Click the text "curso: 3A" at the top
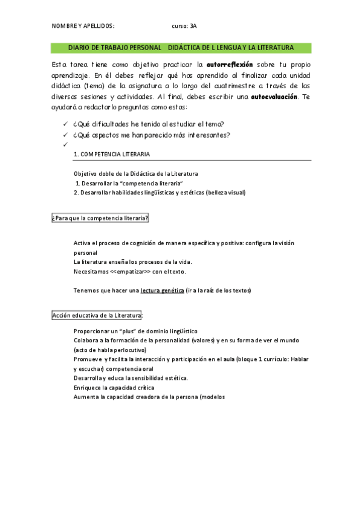click(184, 27)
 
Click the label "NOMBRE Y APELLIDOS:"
click(83, 27)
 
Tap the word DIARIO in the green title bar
click(79, 47)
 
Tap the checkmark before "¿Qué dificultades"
click(65, 124)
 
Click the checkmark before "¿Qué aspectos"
click(65, 135)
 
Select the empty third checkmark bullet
click(65, 145)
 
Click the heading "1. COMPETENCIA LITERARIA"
click(111, 155)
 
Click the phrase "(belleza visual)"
click(225, 193)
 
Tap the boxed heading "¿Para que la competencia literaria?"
click(100, 218)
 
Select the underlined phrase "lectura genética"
click(162, 290)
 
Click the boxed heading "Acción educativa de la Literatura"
click(97, 316)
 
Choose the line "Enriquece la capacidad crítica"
click(114, 388)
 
